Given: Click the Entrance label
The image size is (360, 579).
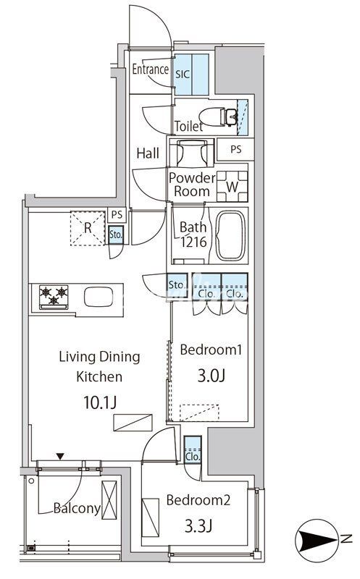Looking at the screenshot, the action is click(151, 69).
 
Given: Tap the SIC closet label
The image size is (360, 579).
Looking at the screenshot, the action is click(183, 75).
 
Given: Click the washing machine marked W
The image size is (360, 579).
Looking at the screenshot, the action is click(232, 187).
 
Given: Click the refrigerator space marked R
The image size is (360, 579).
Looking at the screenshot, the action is click(88, 228).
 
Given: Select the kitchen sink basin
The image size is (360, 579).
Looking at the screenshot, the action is click(99, 297).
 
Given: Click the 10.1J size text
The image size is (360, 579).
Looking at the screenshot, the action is click(100, 402).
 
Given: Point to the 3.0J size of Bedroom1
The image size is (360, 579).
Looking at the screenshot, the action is click(212, 376).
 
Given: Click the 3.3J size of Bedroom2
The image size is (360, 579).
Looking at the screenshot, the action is click(198, 526).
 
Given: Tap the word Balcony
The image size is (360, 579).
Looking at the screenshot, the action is click(78, 509).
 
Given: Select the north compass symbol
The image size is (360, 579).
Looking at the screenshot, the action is click(316, 540).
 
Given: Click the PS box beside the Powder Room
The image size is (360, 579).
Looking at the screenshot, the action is click(235, 149).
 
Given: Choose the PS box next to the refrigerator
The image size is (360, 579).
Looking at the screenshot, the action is click(117, 214).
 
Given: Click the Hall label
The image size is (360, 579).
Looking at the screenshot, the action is click(148, 153).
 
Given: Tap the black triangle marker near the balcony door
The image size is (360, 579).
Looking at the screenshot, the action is click(60, 457).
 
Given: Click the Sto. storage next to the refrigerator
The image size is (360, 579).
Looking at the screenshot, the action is click(116, 234).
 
